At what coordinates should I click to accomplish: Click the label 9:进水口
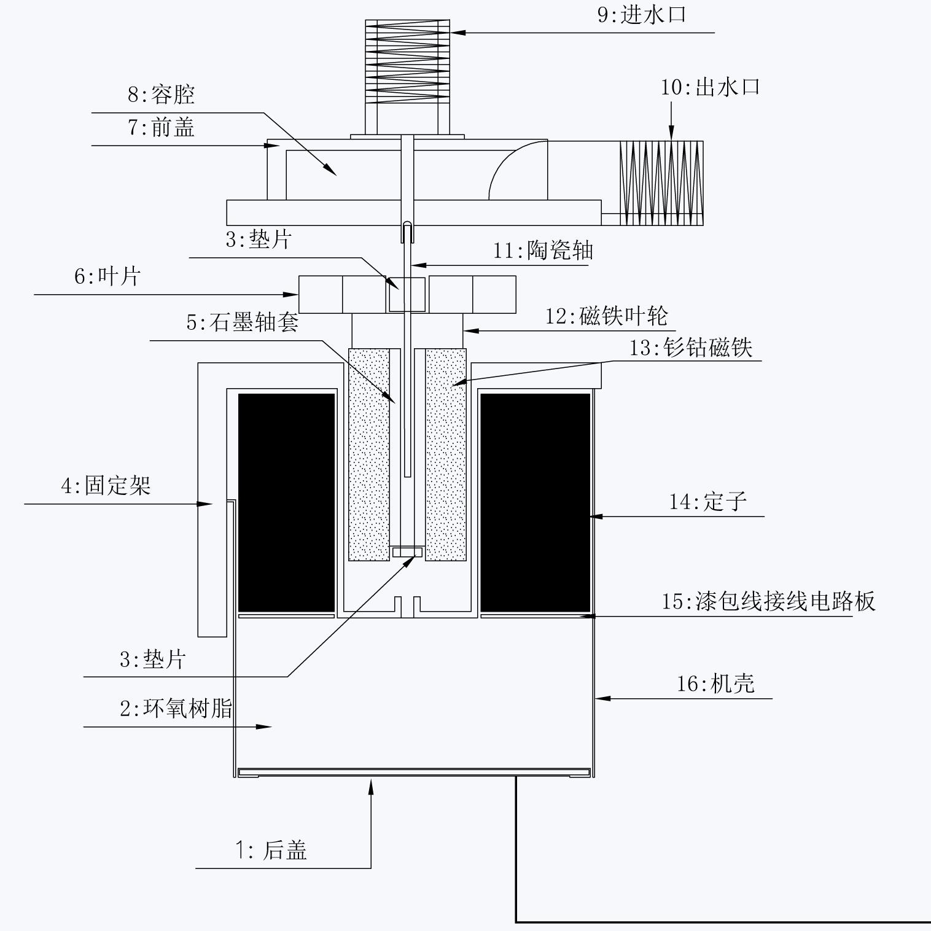[x=642, y=15]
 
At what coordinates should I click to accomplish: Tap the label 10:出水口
[x=711, y=87]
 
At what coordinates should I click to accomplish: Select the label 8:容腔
[x=161, y=95]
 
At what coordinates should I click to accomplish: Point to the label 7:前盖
[x=161, y=128]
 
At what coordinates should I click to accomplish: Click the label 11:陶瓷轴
[x=543, y=251]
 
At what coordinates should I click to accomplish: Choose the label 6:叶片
[x=107, y=276]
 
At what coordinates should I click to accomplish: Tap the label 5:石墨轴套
[x=243, y=322]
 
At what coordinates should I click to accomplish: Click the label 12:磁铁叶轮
[x=607, y=316]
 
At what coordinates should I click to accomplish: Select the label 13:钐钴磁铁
[x=691, y=348]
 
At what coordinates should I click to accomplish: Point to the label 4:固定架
[x=106, y=486]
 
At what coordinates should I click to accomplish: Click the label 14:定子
[x=707, y=502]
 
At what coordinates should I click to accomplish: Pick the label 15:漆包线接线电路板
[x=768, y=601]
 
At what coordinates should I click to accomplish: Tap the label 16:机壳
[x=715, y=684]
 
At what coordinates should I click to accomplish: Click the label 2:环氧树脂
[x=176, y=709]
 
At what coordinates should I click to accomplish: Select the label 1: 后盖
[x=271, y=851]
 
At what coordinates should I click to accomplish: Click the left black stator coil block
[x=286, y=502]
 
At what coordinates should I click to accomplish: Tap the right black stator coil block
[x=534, y=502]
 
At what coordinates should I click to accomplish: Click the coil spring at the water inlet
[x=407, y=61]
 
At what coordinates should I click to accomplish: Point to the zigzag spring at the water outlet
[x=661, y=183]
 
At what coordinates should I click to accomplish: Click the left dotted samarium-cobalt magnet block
[x=368, y=454]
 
